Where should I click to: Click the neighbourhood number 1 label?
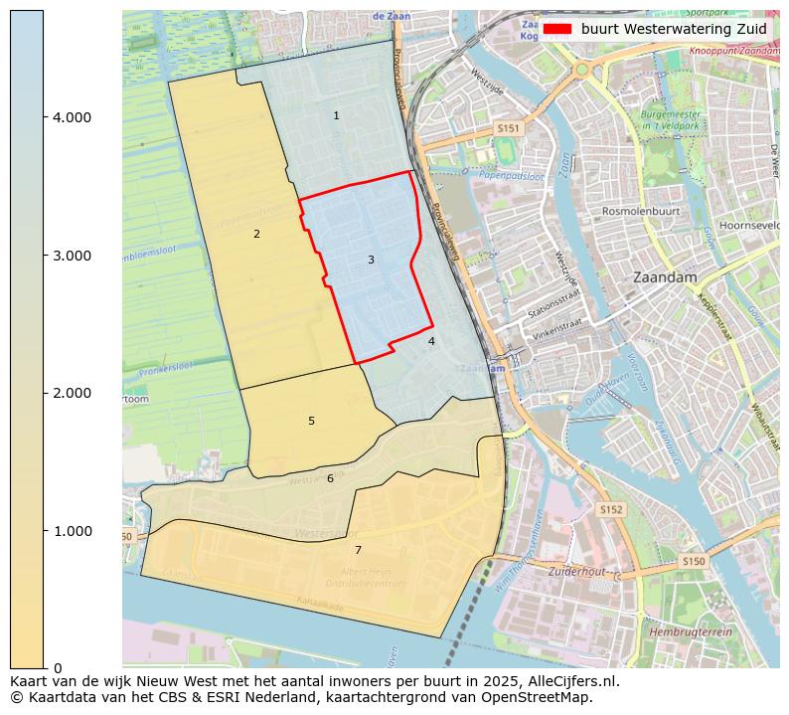click(336, 116)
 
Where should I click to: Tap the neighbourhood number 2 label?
click(256, 235)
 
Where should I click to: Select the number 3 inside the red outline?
click(371, 261)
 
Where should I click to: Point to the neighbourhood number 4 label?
click(431, 342)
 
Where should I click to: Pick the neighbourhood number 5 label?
click(311, 422)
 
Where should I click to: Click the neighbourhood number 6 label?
click(330, 479)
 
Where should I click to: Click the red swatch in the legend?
click(557, 29)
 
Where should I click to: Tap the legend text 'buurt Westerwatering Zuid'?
click(674, 29)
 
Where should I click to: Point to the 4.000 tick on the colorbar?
click(72, 117)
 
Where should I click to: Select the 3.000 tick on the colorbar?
click(72, 256)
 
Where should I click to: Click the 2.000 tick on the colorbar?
click(72, 393)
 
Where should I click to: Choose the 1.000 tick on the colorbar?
click(72, 531)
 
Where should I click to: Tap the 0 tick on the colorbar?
click(58, 668)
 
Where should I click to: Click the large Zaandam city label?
click(665, 277)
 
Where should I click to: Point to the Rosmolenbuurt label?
click(641, 212)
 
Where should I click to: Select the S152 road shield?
click(610, 509)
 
